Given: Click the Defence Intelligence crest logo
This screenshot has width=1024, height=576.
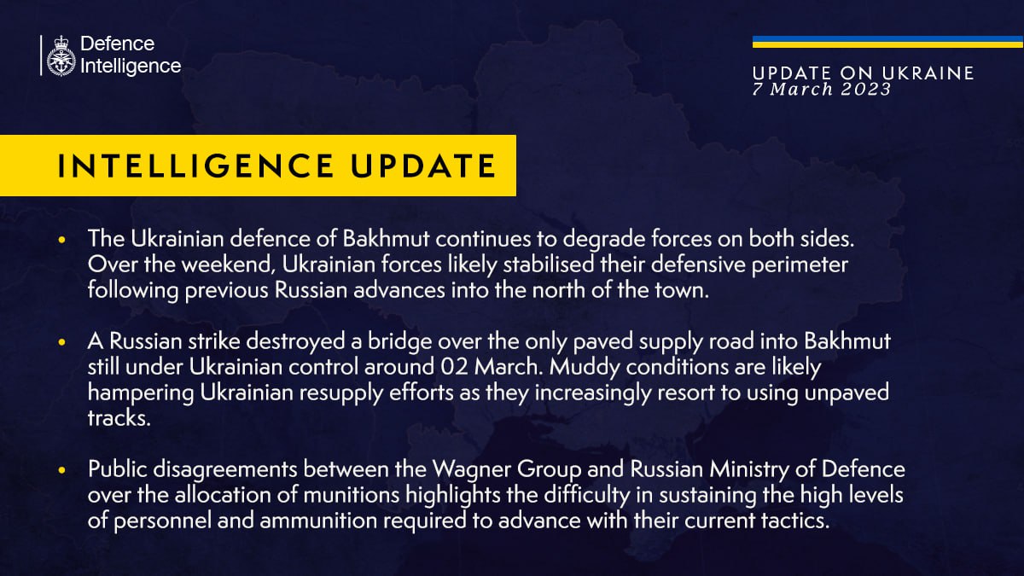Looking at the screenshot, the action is tap(61, 55).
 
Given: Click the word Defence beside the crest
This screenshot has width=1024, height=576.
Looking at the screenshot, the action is tap(118, 44).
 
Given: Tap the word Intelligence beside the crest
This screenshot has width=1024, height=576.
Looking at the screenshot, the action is tap(131, 67).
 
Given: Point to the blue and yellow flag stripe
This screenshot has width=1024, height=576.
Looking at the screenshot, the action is tap(887, 42).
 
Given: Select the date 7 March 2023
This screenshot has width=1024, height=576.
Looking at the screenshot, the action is tap(822, 89).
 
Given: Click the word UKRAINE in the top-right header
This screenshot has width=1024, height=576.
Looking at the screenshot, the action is tap(928, 73).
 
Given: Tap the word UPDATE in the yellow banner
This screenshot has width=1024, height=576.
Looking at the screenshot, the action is tap(423, 166).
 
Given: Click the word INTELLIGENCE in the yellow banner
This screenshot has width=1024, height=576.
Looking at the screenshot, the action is tap(195, 166).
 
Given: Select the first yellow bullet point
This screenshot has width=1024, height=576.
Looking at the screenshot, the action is tap(61, 240).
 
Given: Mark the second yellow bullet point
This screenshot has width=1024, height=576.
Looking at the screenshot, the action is tap(61, 342).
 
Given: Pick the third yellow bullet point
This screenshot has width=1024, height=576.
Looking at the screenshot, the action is tap(61, 470).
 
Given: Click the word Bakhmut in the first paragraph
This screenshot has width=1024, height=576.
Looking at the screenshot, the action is tap(387, 239).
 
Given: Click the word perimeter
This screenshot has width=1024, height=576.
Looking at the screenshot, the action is tap(800, 265).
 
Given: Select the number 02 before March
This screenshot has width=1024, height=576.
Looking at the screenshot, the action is tap(454, 367).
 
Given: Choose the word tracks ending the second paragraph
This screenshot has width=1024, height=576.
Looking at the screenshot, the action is tap(119, 418).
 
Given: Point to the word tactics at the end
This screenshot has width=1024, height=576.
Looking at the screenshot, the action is tap(795, 521).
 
